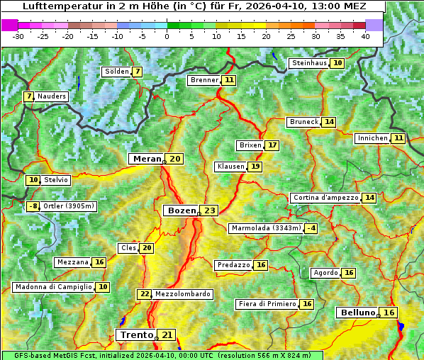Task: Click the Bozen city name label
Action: click(x=181, y=210)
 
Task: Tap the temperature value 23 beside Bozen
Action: click(x=209, y=210)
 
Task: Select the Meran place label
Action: click(x=147, y=159)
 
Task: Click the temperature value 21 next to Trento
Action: click(x=167, y=334)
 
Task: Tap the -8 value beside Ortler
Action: click(x=33, y=206)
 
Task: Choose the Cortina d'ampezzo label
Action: click(x=325, y=198)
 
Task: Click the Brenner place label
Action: click(x=204, y=80)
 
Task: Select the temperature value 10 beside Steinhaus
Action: click(x=337, y=63)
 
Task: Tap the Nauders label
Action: click(x=51, y=96)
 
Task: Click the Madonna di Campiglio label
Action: click(x=53, y=287)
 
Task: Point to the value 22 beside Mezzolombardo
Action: click(x=145, y=294)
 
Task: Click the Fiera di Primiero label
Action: click(x=267, y=304)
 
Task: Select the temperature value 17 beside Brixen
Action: click(x=272, y=145)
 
